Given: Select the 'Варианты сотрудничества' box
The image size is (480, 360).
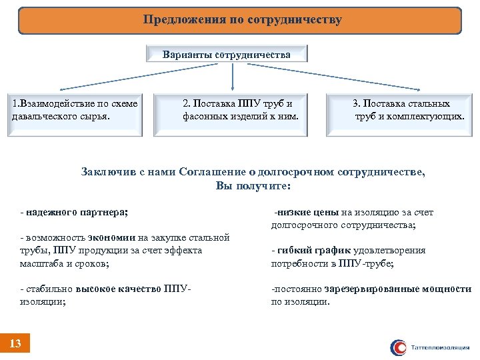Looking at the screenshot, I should click(227, 54).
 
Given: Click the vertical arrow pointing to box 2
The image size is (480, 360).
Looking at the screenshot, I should click(232, 77).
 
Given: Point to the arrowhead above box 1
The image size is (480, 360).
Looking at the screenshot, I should click(61, 89).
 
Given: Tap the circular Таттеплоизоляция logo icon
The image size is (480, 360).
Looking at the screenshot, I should click(399, 347).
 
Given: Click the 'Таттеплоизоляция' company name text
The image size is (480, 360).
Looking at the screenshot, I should click(441, 348).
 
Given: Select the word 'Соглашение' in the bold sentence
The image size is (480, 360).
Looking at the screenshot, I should click(211, 172).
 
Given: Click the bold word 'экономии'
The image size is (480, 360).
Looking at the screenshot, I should click(111, 237).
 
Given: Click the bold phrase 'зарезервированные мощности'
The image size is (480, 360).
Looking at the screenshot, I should click(398, 289).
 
